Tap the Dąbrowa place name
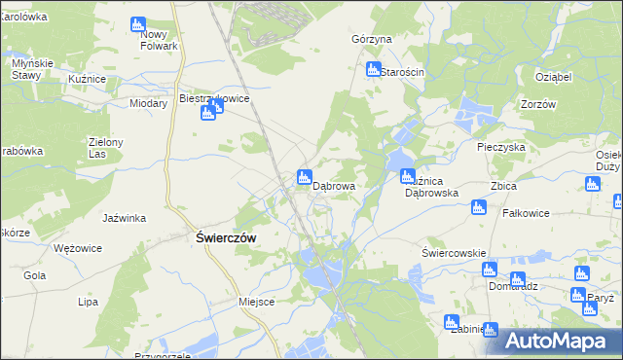(x=333, y=184)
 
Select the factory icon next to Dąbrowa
(x=304, y=177)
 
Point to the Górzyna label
(x=371, y=39)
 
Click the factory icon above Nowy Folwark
(x=137, y=22)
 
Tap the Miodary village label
(x=149, y=102)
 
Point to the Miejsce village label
(x=257, y=302)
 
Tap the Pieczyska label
(x=501, y=147)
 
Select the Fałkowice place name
(x=526, y=212)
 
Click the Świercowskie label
(x=453, y=253)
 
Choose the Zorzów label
(x=537, y=104)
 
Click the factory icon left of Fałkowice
(x=478, y=206)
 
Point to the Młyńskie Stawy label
(x=25, y=68)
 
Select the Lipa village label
(x=89, y=302)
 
